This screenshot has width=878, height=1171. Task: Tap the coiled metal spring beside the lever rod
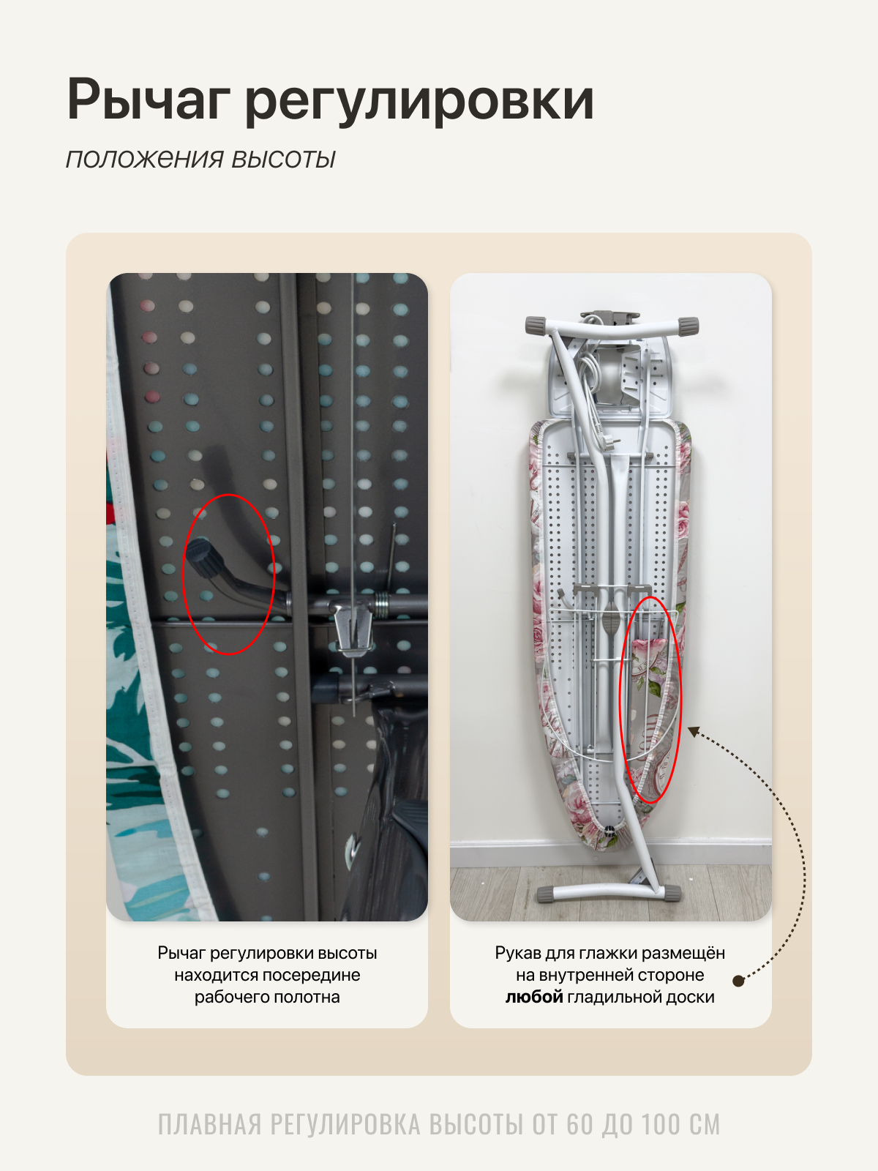pos(382,605)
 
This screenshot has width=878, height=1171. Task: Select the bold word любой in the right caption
pos(534,997)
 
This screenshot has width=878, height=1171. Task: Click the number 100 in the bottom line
pos(661,1124)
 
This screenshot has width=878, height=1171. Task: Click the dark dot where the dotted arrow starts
pos(738,981)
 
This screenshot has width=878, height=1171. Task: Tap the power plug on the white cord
pos(607,440)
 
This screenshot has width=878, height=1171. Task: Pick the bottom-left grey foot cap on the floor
pos(549,894)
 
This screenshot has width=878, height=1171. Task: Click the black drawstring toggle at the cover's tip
pos(609,831)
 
